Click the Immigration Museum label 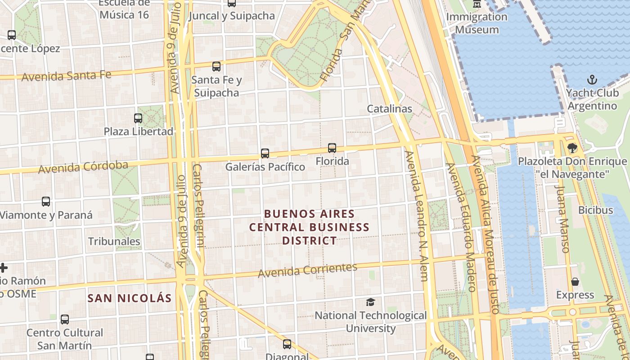[477, 23]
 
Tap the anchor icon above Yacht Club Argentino [592, 81]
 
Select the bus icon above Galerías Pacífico [265, 153]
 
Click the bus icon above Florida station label [332, 148]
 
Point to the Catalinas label [389, 108]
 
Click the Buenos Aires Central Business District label [309, 227]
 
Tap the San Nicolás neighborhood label [130, 298]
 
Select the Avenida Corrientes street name [307, 270]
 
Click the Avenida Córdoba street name [83, 167]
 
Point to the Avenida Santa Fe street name [66, 76]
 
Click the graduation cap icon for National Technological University [370, 302]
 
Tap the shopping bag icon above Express [575, 282]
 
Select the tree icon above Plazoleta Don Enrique [572, 148]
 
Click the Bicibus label [595, 210]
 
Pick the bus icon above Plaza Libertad [138, 118]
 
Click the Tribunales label [114, 241]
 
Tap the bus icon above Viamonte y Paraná [46, 202]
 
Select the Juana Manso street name [562, 219]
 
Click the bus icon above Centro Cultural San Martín [65, 319]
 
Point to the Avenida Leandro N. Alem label [417, 216]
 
